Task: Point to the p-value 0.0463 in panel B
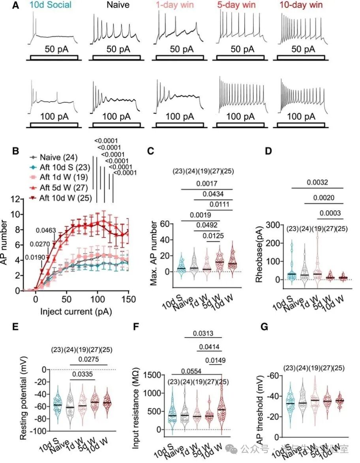pos(46,230)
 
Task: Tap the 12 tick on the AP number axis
pos(17,199)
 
